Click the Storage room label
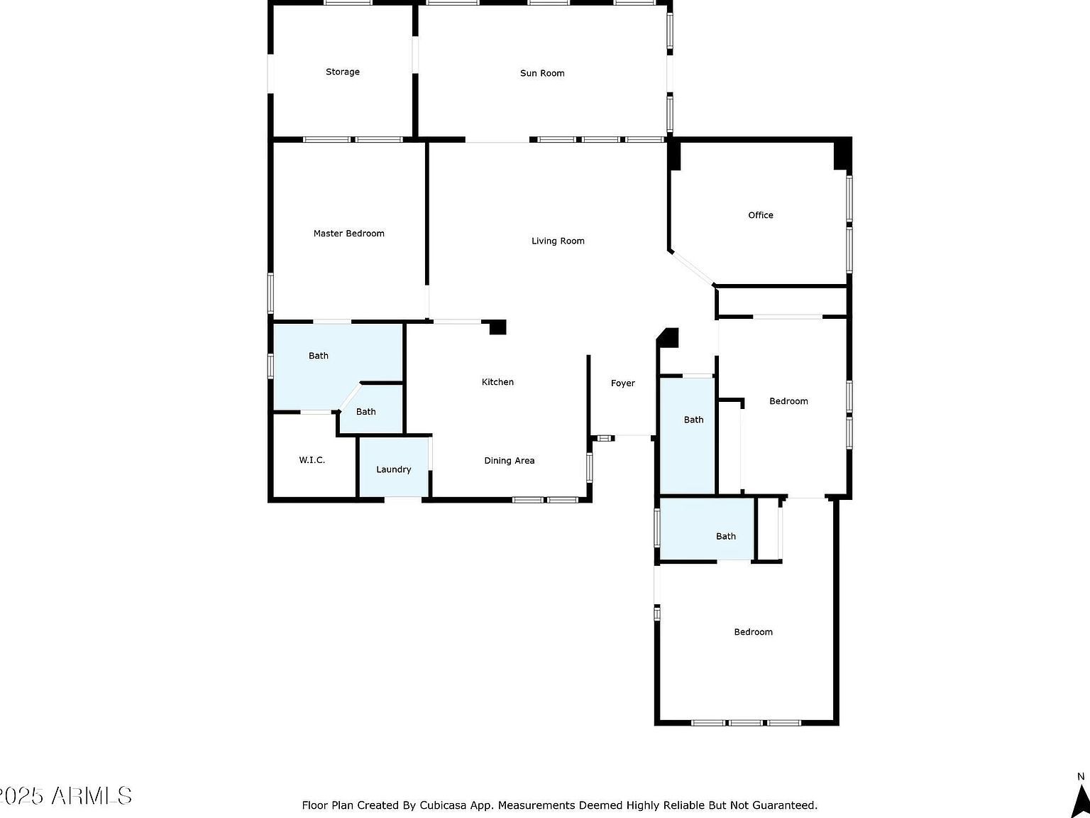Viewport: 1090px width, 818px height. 343,72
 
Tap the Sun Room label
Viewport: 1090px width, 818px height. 542,73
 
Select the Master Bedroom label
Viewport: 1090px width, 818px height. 349,234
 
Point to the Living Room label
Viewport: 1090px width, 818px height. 558,241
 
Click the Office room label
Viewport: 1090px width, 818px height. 761,215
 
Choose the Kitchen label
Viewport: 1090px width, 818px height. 497,382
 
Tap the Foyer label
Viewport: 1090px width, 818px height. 623,383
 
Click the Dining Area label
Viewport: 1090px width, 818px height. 510,461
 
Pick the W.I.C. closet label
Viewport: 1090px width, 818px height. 312,460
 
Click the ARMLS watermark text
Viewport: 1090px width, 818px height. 90,796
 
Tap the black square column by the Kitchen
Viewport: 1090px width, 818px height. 497,327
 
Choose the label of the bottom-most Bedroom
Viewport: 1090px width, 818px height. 753,632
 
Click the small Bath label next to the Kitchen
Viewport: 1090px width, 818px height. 366,412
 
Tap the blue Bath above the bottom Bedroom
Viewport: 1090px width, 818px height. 706,530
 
